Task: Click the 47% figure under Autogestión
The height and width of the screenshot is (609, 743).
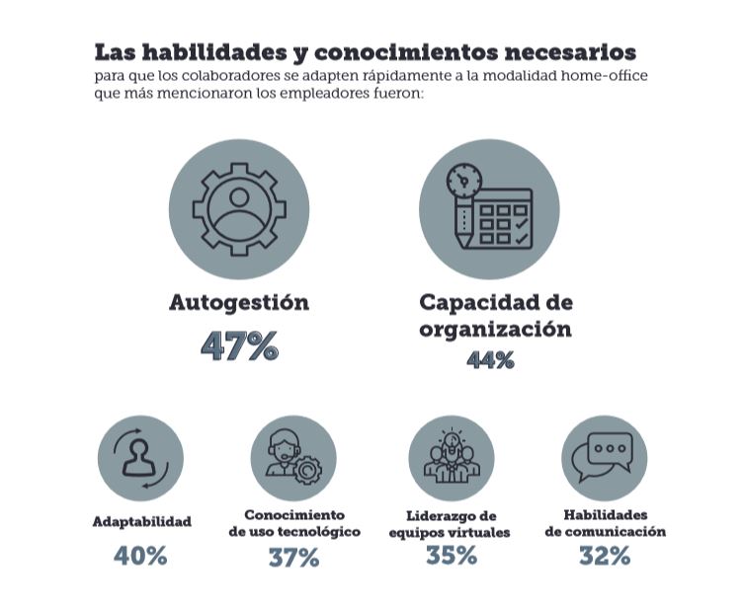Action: click(x=239, y=346)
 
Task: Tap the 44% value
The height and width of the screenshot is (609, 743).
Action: click(x=490, y=360)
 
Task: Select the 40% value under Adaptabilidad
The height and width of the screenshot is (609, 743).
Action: click(x=140, y=556)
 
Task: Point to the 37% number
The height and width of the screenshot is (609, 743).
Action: click(x=293, y=558)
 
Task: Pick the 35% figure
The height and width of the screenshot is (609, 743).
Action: click(x=452, y=556)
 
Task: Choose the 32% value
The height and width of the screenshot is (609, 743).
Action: click(x=605, y=556)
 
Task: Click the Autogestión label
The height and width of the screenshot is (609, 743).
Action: click(x=239, y=303)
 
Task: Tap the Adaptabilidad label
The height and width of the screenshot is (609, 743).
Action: click(x=141, y=521)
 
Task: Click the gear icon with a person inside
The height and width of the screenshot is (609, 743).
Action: click(x=239, y=209)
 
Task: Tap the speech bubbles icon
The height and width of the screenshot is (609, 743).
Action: click(x=605, y=456)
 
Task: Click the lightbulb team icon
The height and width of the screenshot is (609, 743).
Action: click(x=452, y=457)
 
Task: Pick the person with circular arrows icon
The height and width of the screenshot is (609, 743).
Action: click(x=140, y=457)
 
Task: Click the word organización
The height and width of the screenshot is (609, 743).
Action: click(x=495, y=330)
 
